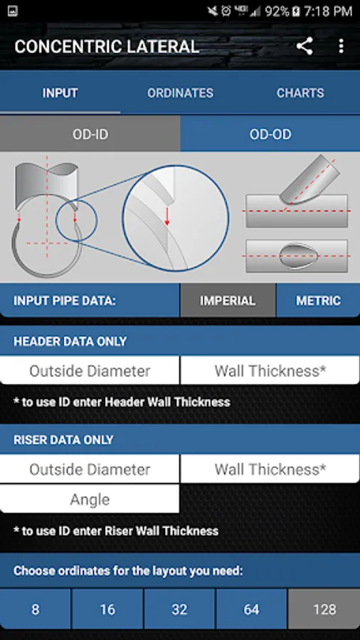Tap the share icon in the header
tap(305, 46)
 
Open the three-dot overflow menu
tap(341, 46)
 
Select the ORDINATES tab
tap(180, 93)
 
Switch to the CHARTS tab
tap(300, 93)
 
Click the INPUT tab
tap(60, 93)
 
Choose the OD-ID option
tap(90, 134)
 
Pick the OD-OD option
tap(270, 134)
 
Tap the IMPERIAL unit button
tap(228, 301)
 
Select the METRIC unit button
tap(318, 301)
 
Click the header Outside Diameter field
tap(90, 371)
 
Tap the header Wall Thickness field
tap(270, 371)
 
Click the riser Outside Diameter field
tap(90, 469)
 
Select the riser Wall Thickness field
tap(270, 469)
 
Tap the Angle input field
tap(90, 499)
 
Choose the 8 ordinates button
tap(35, 609)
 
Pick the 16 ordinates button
tap(107, 609)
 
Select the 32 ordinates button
tap(179, 609)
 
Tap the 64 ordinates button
tap(251, 609)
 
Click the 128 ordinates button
tap(324, 609)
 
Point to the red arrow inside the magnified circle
tap(166, 215)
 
